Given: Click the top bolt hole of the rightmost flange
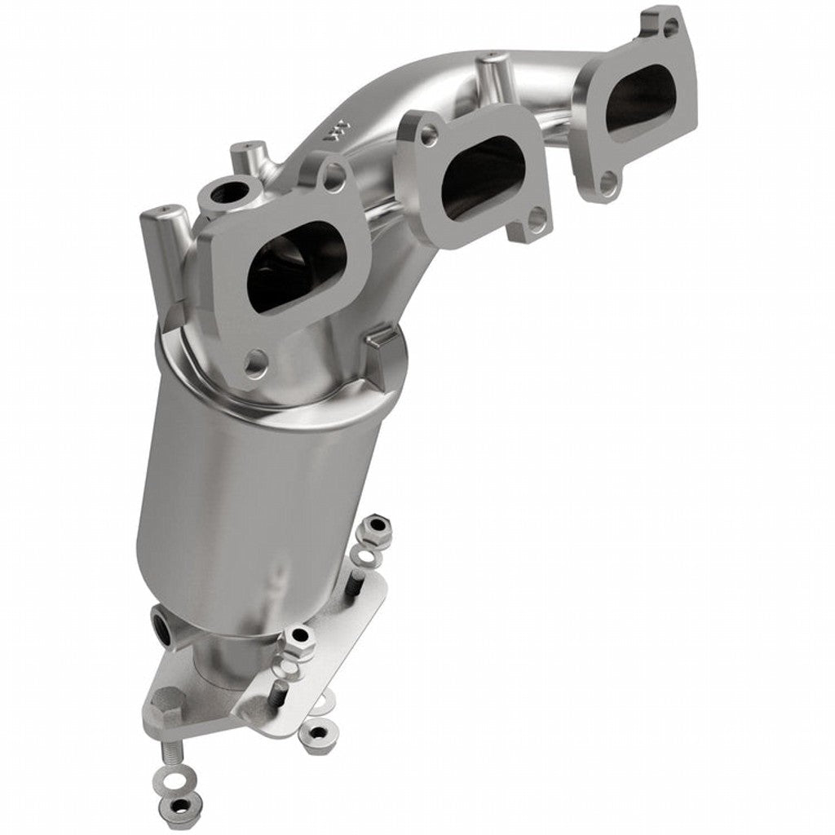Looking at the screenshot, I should click(669, 27).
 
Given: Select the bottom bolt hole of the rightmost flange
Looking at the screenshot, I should click(607, 183).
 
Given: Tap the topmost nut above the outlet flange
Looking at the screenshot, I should click(376, 529).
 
